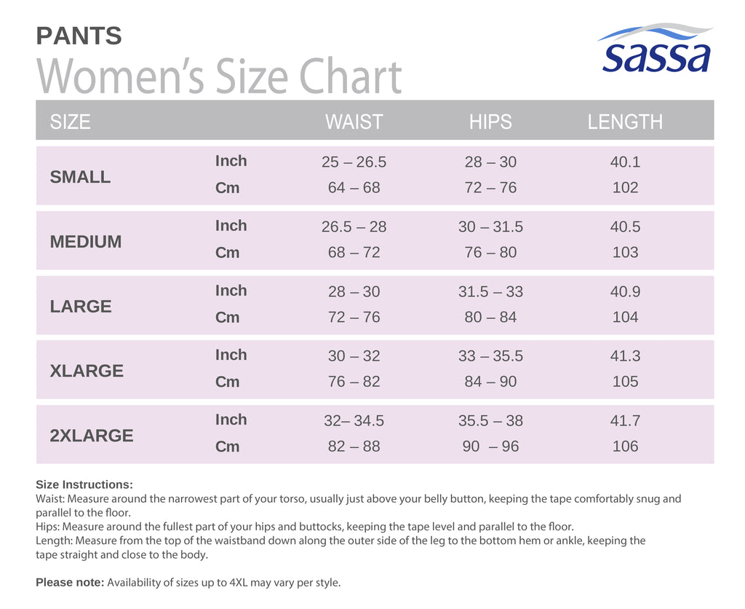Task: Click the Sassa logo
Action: [656, 48]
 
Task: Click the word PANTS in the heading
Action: [79, 36]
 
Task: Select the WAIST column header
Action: [354, 122]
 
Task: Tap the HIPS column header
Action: [490, 122]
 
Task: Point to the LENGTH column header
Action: [625, 122]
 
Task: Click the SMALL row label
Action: [80, 177]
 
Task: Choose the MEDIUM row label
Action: [86, 242]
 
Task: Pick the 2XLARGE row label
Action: [92, 436]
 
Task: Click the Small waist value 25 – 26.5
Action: [354, 162]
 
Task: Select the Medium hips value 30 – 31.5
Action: [490, 227]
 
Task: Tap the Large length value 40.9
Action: [625, 291]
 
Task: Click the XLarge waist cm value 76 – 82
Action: [354, 382]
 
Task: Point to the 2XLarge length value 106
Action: [625, 447]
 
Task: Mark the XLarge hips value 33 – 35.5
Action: [490, 356]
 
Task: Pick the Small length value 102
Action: [625, 187]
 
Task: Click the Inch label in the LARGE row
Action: [231, 290]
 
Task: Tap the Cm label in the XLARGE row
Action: [227, 382]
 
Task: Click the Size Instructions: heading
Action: [84, 484]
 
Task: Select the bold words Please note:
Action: [70, 582]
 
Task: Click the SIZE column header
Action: [71, 122]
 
